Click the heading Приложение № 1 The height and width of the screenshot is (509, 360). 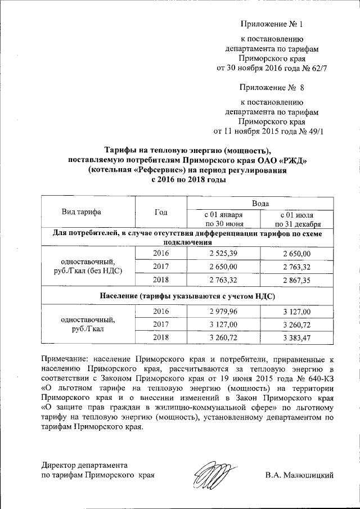pyautogui.click(x=271, y=24)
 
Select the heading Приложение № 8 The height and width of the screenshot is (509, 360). pyautogui.click(x=271, y=88)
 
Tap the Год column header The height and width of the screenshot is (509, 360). pyautogui.click(x=161, y=212)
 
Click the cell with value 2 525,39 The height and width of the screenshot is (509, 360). pyautogui.click(x=224, y=254)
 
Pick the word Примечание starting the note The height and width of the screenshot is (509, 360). pyautogui.click(x=68, y=358)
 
